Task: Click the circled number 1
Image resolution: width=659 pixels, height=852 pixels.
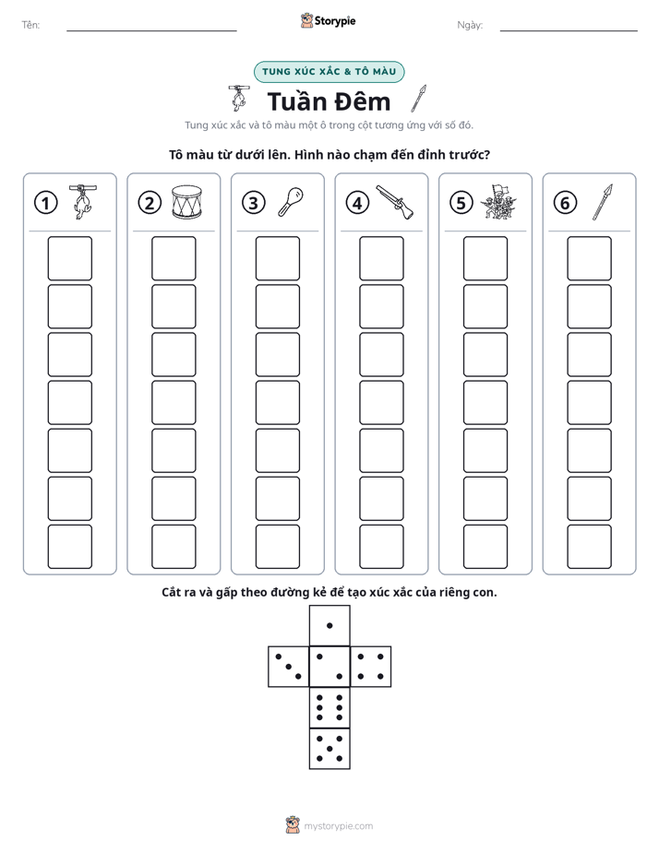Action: point(45,203)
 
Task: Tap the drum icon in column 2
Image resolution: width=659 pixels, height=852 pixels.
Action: point(186,202)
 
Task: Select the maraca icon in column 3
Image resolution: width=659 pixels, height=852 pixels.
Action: point(291,202)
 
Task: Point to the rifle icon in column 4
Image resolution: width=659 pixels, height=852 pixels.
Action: point(394,202)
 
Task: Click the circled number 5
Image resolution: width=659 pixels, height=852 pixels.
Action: point(461,203)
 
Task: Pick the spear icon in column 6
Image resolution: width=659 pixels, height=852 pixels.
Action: point(603,202)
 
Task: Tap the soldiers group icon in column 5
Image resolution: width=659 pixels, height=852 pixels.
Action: point(498,202)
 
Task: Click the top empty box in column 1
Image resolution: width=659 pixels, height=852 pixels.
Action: point(69,258)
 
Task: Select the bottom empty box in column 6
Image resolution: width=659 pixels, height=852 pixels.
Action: point(589,547)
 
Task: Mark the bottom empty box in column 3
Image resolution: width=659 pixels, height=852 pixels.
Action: point(277,547)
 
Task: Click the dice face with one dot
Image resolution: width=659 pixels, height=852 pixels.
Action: point(329,626)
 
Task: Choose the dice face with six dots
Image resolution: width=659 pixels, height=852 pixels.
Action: point(329,707)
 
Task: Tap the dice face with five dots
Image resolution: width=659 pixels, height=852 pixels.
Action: point(329,749)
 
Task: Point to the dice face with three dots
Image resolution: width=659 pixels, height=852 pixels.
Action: point(289,667)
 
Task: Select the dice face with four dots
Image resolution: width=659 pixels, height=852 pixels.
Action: point(371,667)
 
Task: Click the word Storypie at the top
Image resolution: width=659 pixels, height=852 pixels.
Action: point(335,21)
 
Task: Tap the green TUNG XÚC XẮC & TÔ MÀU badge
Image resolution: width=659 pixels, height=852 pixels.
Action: point(329,72)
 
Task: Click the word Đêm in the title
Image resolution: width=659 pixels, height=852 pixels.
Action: point(361,101)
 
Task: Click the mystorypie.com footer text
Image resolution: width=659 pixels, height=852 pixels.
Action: point(338,826)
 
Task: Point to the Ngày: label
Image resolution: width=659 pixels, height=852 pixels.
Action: point(470,25)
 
